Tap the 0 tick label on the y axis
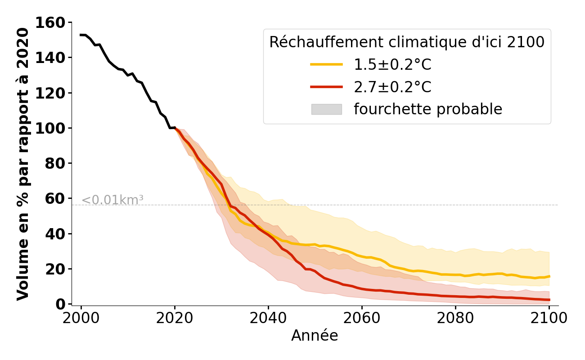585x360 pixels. tap(61, 304)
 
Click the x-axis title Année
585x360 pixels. tap(315, 336)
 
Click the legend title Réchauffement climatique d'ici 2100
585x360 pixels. tap(407, 42)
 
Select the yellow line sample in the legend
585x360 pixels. tap(326, 65)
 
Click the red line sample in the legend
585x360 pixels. tap(326, 87)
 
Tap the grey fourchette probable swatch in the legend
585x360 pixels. tap(326, 109)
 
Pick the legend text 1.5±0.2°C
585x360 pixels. tap(392, 65)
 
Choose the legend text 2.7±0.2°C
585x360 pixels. tap(392, 87)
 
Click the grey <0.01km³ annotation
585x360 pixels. tap(112, 200)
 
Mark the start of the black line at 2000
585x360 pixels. tap(81, 35)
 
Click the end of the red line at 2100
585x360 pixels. tap(549, 300)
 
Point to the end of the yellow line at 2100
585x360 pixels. tap(549, 276)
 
